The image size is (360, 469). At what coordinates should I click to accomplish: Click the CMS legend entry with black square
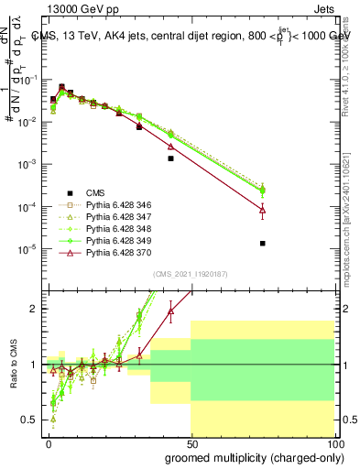click(95, 193)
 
